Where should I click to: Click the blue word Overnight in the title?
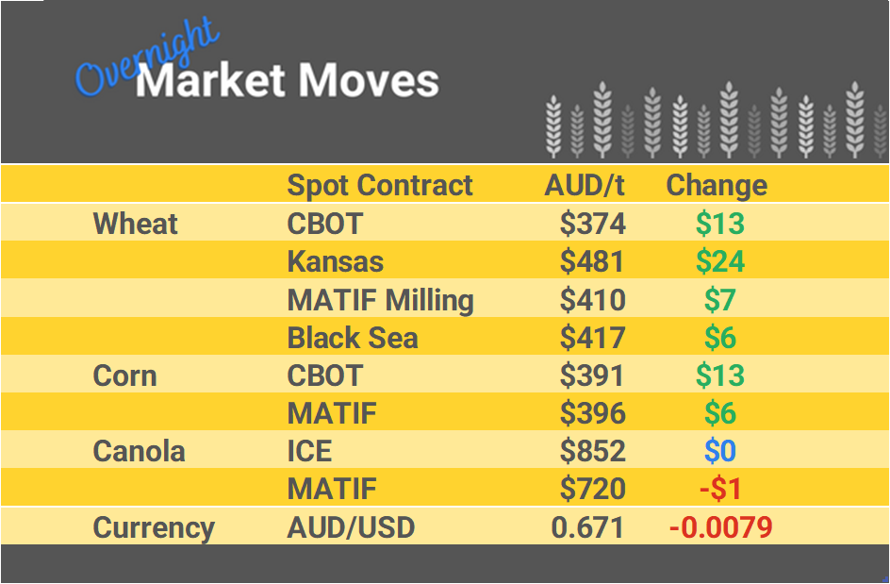146,60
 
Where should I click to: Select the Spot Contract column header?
380,185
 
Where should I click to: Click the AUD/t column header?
585,185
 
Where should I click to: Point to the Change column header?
717,185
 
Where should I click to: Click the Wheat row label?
135,225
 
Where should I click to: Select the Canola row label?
140,451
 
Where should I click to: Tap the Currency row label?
154,527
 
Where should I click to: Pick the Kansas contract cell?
336,261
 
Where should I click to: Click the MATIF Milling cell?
380,300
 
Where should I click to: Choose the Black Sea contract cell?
353,338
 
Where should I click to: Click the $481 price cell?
592,261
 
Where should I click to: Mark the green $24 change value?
720,261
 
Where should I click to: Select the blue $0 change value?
720,451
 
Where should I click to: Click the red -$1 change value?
720,489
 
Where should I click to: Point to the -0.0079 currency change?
720,527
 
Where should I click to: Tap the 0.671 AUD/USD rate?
588,527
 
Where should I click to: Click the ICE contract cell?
309,451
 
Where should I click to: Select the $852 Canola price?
592,451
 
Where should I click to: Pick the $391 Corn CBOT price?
592,375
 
